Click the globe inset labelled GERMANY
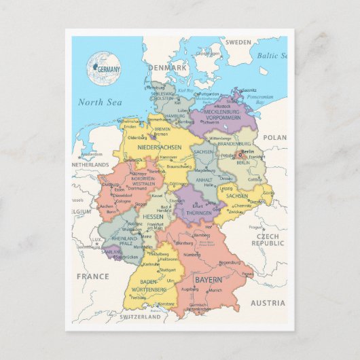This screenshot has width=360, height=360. point(103,67)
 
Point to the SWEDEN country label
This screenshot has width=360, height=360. point(238,42)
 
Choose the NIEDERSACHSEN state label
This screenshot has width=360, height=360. point(158,147)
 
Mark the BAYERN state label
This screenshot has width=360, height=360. point(208,280)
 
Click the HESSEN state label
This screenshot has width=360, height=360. point(154,216)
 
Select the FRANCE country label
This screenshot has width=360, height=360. point(92,276)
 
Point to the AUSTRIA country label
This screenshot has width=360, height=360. point(268,303)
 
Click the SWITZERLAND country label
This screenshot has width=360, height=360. point(141,317)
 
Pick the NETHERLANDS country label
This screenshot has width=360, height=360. point(90,164)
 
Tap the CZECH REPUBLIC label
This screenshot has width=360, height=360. point(268,239)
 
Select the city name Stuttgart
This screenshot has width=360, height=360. point(167,269)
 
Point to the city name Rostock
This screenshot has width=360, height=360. point(224,105)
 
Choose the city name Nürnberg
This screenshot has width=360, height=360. point(193,255)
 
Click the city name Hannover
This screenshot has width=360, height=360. point(168,157)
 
